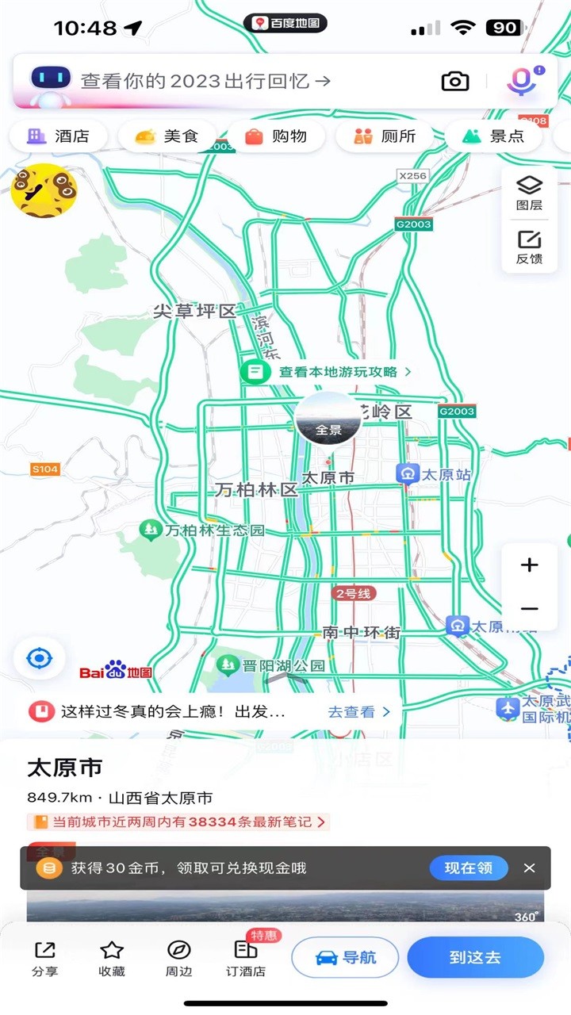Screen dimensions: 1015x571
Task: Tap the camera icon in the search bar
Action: point(454,81)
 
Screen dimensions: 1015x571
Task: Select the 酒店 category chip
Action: point(59,136)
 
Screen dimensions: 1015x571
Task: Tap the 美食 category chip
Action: point(167,136)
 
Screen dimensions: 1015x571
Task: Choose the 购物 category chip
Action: point(276,136)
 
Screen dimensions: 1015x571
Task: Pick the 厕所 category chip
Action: point(385,136)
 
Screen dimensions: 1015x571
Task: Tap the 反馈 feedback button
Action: point(529,247)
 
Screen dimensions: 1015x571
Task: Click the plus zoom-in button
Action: point(529,565)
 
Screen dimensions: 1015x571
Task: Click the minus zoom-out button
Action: point(529,609)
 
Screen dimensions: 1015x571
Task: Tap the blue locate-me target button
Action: point(39,658)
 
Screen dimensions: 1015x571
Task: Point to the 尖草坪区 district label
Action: point(195,312)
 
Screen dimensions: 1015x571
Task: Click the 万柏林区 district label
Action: point(255,490)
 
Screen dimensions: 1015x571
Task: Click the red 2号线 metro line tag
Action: point(354,593)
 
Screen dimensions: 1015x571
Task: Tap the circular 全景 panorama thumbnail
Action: point(328,419)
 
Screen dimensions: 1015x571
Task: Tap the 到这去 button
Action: point(475,957)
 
